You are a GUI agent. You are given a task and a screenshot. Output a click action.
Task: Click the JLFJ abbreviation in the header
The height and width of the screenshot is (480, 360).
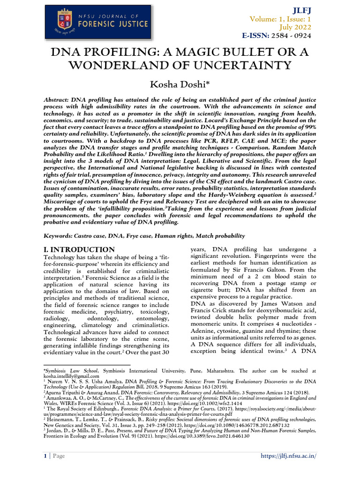[301, 10]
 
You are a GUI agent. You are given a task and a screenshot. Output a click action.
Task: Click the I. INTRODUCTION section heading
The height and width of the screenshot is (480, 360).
[79, 250]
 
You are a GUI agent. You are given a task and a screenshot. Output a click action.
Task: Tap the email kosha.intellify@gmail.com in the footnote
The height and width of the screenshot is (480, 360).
[71, 376]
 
